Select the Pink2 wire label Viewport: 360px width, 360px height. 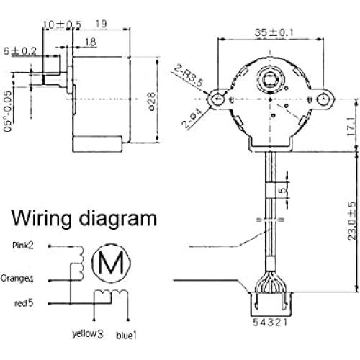[x=26, y=246]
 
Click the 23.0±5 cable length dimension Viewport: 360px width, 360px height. [x=350, y=222]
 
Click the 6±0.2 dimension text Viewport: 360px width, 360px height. [x=19, y=51]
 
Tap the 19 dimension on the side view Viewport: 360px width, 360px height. [x=102, y=23]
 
